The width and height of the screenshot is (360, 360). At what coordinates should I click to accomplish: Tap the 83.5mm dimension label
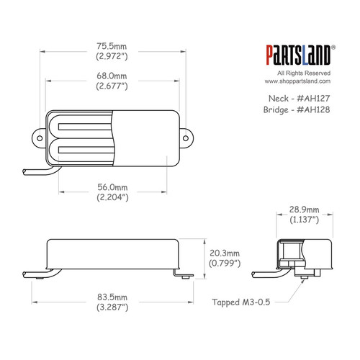112,296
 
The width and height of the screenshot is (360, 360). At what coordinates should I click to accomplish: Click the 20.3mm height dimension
225,253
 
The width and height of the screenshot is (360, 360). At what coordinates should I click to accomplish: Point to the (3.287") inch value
112,307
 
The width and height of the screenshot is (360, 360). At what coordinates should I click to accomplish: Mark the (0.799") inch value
225,264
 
